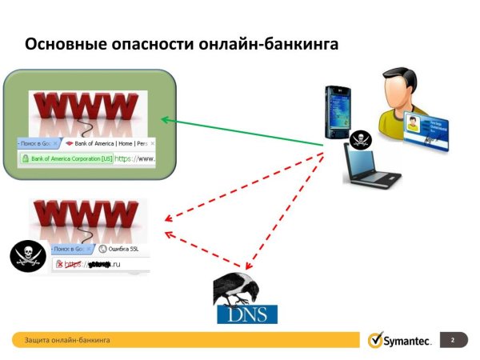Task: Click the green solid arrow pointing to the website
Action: coord(240,132)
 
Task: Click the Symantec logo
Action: coord(400,341)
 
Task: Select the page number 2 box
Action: coord(453,341)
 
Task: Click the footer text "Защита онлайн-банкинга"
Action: coord(67,341)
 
